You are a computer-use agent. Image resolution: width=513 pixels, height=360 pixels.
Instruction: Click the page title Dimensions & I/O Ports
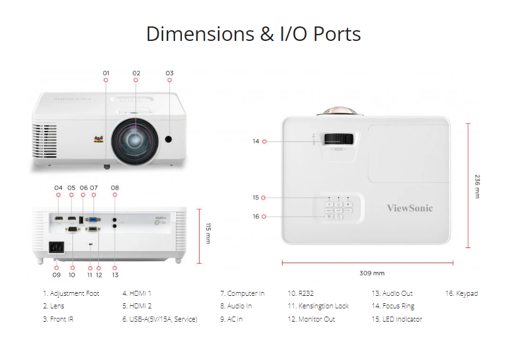click(x=253, y=33)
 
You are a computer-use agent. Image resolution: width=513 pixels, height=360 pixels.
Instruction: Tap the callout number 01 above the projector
click(x=106, y=73)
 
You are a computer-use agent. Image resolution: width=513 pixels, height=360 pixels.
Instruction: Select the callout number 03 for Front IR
click(x=169, y=73)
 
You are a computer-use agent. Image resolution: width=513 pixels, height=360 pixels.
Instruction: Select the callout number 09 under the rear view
click(x=57, y=275)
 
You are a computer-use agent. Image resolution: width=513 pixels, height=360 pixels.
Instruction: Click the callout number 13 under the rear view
click(x=115, y=275)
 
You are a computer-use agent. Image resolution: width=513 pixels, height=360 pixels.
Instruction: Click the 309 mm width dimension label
click(x=371, y=273)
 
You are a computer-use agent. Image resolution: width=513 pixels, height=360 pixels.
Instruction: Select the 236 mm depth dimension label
click(x=476, y=186)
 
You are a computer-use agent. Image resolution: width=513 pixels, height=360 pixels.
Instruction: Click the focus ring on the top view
click(x=339, y=139)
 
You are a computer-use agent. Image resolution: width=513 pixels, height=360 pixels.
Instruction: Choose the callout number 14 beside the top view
click(x=256, y=142)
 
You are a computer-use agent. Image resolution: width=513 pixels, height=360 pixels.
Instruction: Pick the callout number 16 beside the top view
click(x=256, y=217)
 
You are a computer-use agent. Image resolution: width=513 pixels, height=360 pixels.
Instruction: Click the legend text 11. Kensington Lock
click(x=318, y=307)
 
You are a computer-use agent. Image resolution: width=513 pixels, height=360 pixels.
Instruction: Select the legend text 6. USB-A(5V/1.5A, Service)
click(x=159, y=320)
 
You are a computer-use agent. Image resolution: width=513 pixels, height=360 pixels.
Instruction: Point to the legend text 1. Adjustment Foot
click(x=71, y=293)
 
